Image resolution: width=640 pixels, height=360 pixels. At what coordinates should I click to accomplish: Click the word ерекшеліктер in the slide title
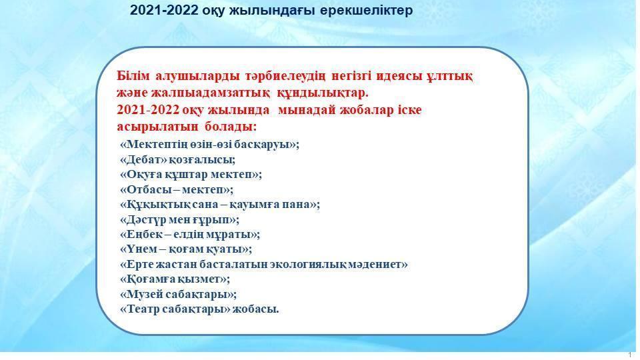click(366, 10)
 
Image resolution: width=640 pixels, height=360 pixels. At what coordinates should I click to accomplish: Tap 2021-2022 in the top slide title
click(164, 10)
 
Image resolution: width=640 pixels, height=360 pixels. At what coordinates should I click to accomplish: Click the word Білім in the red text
click(133, 76)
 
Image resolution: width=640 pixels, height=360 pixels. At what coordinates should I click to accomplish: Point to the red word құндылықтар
click(323, 93)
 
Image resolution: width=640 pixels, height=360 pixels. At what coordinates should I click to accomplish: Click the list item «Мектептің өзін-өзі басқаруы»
click(209, 145)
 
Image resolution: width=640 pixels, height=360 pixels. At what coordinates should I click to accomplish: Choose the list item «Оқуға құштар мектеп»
click(191, 175)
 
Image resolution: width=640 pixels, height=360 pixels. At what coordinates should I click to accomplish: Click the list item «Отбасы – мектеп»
click(176, 190)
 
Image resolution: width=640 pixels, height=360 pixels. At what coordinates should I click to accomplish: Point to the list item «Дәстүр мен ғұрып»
click(179, 220)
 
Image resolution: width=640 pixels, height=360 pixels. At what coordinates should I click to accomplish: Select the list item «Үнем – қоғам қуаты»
click(186, 249)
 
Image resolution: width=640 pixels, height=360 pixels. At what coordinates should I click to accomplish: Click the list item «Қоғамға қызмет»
click(175, 279)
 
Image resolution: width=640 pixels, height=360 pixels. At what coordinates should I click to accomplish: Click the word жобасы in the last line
click(255, 309)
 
